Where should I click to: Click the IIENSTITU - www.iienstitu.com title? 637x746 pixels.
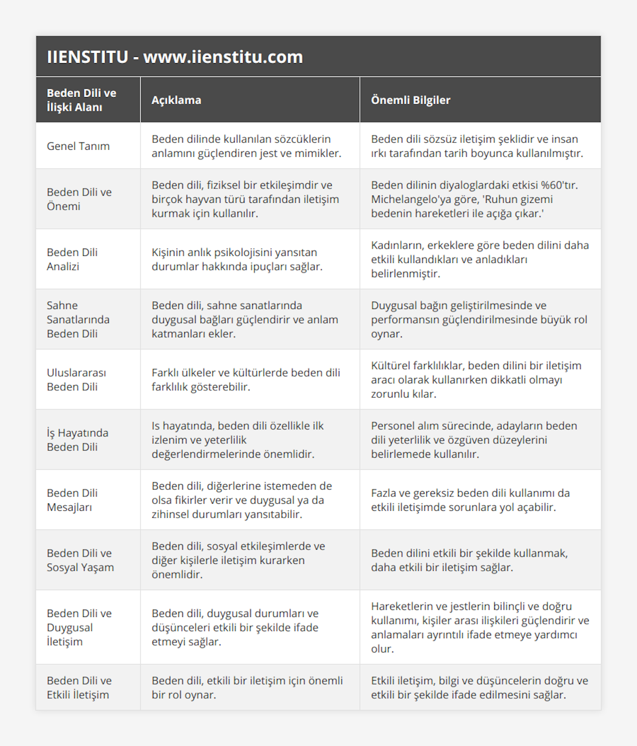(175, 57)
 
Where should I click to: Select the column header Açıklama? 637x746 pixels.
(176, 100)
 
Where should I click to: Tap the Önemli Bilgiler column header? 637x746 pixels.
(410, 100)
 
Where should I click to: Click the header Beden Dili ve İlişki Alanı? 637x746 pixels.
(81, 100)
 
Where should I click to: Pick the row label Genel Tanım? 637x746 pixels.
(78, 146)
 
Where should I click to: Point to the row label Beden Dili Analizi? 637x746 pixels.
(72, 259)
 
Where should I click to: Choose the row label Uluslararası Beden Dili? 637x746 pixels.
(76, 380)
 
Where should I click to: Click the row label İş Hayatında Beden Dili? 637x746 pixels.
(78, 440)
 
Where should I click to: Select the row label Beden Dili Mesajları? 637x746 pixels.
(72, 500)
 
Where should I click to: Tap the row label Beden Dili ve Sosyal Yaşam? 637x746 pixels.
(80, 560)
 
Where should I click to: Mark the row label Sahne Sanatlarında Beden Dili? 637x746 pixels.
(78, 319)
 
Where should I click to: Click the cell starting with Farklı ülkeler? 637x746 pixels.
(246, 380)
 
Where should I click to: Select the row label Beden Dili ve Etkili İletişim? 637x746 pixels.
(79, 688)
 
